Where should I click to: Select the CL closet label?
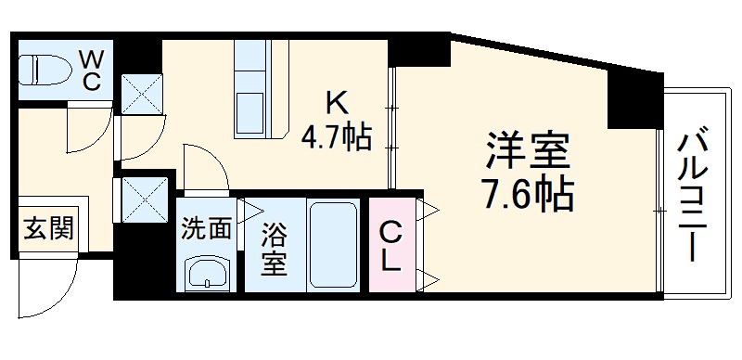(391, 245)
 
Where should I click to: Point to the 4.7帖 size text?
(336, 139)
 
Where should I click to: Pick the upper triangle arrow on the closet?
(429, 211)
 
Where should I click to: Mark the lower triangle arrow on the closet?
(429, 275)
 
